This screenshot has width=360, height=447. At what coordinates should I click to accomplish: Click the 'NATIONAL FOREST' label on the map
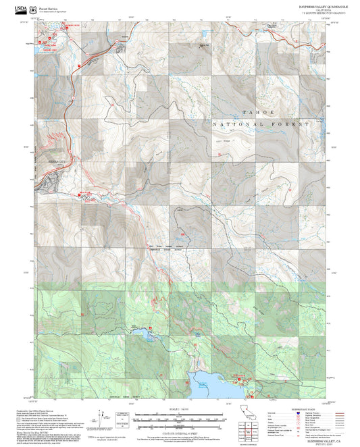pyautogui.click(x=261, y=125)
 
